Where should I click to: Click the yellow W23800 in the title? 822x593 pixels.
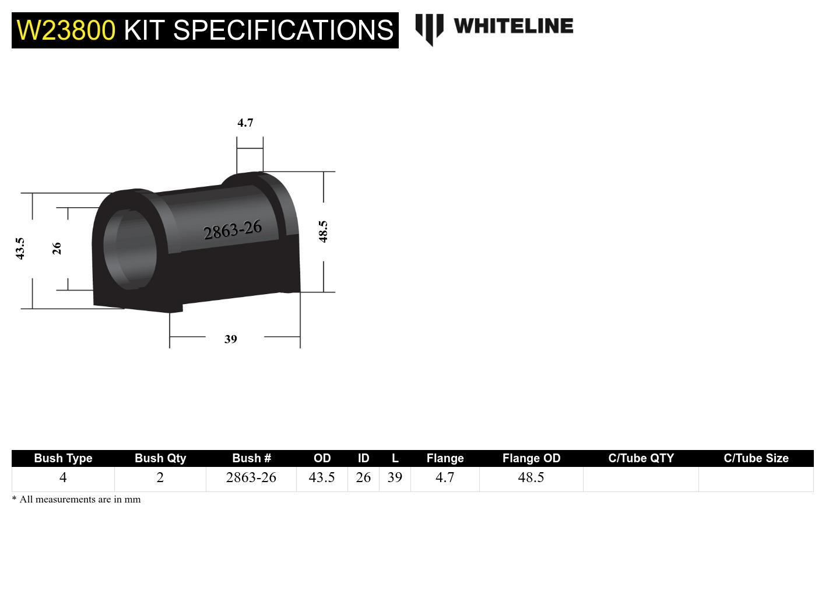[66, 30]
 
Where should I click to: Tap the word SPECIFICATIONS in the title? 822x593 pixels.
[283, 30]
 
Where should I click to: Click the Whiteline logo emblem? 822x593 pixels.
[429, 29]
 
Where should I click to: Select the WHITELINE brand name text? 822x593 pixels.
[513, 26]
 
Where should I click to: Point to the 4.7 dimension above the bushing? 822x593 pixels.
[245, 123]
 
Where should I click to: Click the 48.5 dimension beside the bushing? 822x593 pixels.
[323, 231]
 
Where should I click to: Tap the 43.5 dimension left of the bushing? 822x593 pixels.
[20, 248]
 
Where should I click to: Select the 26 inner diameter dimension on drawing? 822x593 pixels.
[57, 248]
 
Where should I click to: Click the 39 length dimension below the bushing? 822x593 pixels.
[231, 339]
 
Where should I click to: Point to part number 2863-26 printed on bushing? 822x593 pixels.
[233, 230]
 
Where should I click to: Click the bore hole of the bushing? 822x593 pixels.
[131, 246]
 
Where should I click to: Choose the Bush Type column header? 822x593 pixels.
[63, 458]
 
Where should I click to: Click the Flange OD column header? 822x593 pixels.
[531, 458]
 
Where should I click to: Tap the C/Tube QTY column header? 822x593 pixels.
[641, 458]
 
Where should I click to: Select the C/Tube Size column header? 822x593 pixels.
[756, 458]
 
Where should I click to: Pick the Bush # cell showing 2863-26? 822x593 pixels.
[251, 477]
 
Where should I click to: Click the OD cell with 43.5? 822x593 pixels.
[322, 477]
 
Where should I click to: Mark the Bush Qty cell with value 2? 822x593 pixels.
[160, 477]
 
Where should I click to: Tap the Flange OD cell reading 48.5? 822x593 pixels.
[531, 477]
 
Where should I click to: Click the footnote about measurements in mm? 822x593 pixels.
[76, 500]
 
